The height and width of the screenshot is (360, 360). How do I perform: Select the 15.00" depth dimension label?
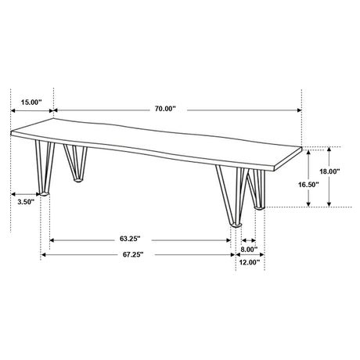point(31,101)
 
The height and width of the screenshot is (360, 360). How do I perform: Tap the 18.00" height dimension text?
point(329,171)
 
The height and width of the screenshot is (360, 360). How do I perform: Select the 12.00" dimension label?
point(249,263)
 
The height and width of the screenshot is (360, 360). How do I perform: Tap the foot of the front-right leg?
point(235,225)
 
